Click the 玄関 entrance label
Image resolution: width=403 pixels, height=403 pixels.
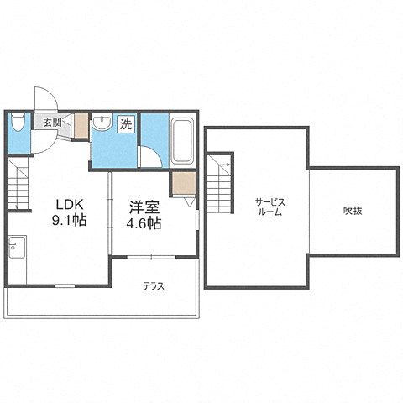coord(52,123)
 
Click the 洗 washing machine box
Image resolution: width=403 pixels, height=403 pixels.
coord(125,124)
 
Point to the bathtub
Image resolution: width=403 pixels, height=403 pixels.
coord(182,139)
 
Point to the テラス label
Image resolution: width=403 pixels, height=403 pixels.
coord(153,286)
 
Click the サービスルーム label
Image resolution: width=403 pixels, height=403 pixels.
coord(270,207)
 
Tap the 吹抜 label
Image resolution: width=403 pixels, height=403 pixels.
coord(352,211)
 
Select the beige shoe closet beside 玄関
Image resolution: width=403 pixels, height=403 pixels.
coord(81,125)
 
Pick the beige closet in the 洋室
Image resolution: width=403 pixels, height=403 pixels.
coord(182,183)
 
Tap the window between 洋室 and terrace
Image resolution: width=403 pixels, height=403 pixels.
coord(155,256)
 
